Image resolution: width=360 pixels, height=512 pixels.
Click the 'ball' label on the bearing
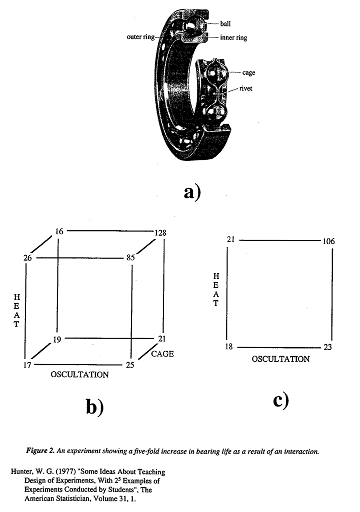225,23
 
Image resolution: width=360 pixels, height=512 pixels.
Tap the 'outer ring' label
140,36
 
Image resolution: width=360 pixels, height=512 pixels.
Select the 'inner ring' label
233,37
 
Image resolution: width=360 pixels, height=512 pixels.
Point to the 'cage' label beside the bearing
248,73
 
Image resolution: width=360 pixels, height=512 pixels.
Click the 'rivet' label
245,88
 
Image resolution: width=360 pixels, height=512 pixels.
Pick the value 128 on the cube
160,233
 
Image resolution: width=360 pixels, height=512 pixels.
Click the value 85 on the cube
130,258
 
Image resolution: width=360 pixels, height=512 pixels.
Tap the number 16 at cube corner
59,231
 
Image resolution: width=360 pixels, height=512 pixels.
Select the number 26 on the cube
27,258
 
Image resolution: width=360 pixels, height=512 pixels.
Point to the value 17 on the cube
27,365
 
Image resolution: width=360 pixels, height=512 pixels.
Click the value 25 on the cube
130,365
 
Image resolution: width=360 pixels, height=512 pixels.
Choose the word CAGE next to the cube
162,354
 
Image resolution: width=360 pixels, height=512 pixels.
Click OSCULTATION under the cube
79,375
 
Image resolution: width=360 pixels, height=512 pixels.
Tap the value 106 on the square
328,241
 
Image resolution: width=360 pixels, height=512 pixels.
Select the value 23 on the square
327,347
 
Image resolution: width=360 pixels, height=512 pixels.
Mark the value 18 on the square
229,347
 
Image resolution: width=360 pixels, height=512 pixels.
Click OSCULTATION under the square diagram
280,359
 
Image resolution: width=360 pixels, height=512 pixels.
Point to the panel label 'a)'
192,192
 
